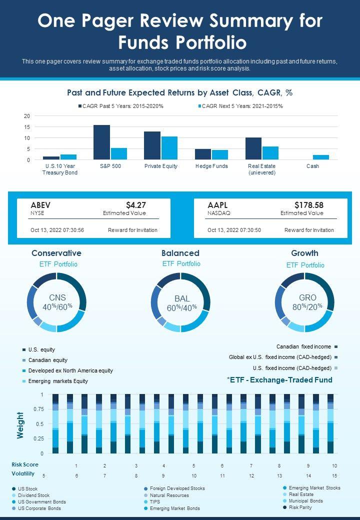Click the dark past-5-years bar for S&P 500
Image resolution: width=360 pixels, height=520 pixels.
click(x=101, y=142)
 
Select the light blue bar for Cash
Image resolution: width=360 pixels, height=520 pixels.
click(x=320, y=157)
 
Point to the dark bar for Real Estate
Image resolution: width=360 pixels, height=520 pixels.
click(x=253, y=148)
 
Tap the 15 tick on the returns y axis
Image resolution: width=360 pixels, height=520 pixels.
click(x=27, y=127)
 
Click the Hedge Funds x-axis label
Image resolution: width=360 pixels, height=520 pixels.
click(x=211, y=166)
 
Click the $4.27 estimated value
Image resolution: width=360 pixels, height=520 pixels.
click(x=136, y=205)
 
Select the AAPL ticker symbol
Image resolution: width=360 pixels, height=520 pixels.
click(x=217, y=205)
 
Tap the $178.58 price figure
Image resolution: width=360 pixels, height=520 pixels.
click(x=309, y=205)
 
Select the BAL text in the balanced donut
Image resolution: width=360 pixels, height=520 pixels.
click(x=182, y=298)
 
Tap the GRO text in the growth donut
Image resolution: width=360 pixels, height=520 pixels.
click(x=307, y=297)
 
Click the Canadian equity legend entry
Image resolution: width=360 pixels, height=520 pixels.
click(x=47, y=360)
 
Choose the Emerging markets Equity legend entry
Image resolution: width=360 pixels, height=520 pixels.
click(x=58, y=381)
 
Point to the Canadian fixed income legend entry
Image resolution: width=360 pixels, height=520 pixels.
click(x=303, y=346)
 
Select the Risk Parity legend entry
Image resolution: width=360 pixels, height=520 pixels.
click(x=300, y=507)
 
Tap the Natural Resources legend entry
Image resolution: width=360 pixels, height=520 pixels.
click(x=169, y=495)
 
